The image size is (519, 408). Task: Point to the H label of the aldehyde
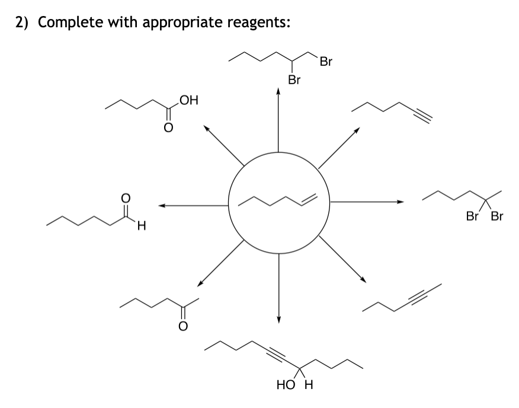click(142, 225)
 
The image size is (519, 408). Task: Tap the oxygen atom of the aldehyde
click(125, 200)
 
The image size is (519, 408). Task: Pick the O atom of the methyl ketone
click(182, 326)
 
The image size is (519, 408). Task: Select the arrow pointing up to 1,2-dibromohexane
click(278, 119)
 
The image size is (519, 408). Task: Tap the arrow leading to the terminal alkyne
click(338, 147)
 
